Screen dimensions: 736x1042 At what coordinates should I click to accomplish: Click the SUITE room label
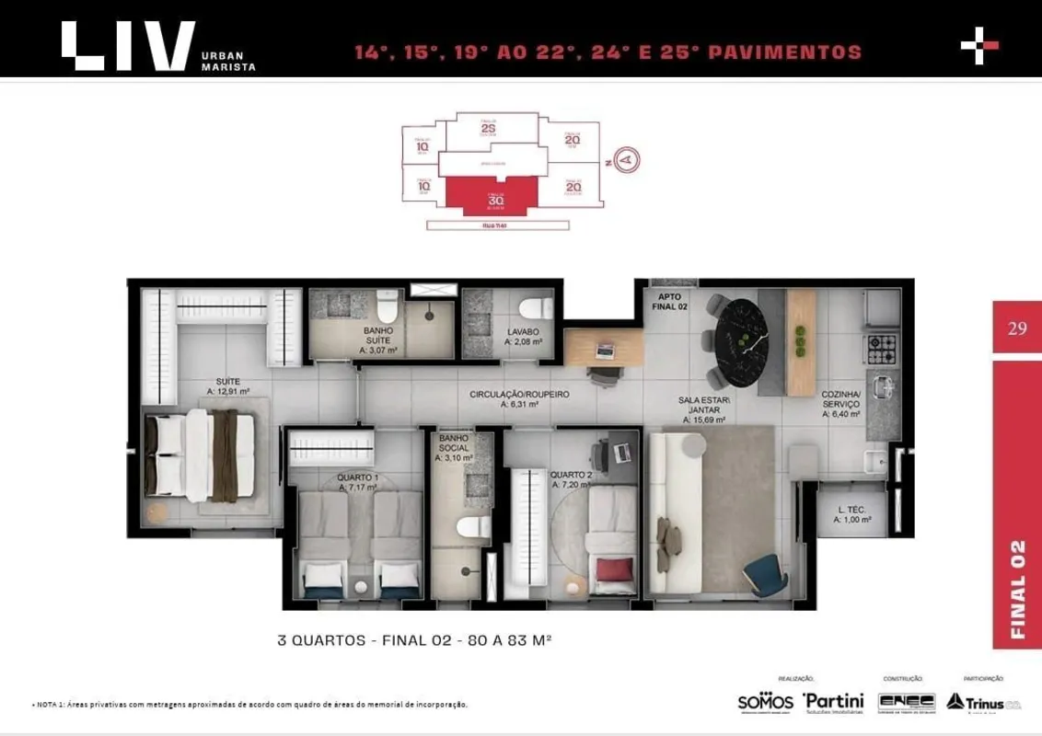tap(227, 380)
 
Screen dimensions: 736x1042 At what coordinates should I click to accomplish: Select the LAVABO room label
tap(522, 331)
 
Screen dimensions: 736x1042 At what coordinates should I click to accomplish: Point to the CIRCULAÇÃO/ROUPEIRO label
tap(519, 394)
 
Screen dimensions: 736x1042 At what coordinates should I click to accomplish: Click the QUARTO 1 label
tap(358, 477)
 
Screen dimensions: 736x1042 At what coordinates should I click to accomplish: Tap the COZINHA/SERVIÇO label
tap(840, 404)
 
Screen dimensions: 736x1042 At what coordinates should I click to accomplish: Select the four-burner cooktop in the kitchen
tap(881, 348)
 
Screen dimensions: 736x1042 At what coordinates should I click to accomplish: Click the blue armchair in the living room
tap(766, 575)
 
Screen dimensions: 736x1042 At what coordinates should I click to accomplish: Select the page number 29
tap(1016, 328)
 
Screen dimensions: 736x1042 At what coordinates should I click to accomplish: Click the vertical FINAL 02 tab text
tap(1017, 589)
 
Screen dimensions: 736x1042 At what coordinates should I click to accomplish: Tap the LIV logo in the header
tap(129, 45)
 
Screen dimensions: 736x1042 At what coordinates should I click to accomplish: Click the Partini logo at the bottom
tap(832, 701)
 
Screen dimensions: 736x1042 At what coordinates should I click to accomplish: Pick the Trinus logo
tap(983, 701)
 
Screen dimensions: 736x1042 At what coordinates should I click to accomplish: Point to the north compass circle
tap(628, 160)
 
